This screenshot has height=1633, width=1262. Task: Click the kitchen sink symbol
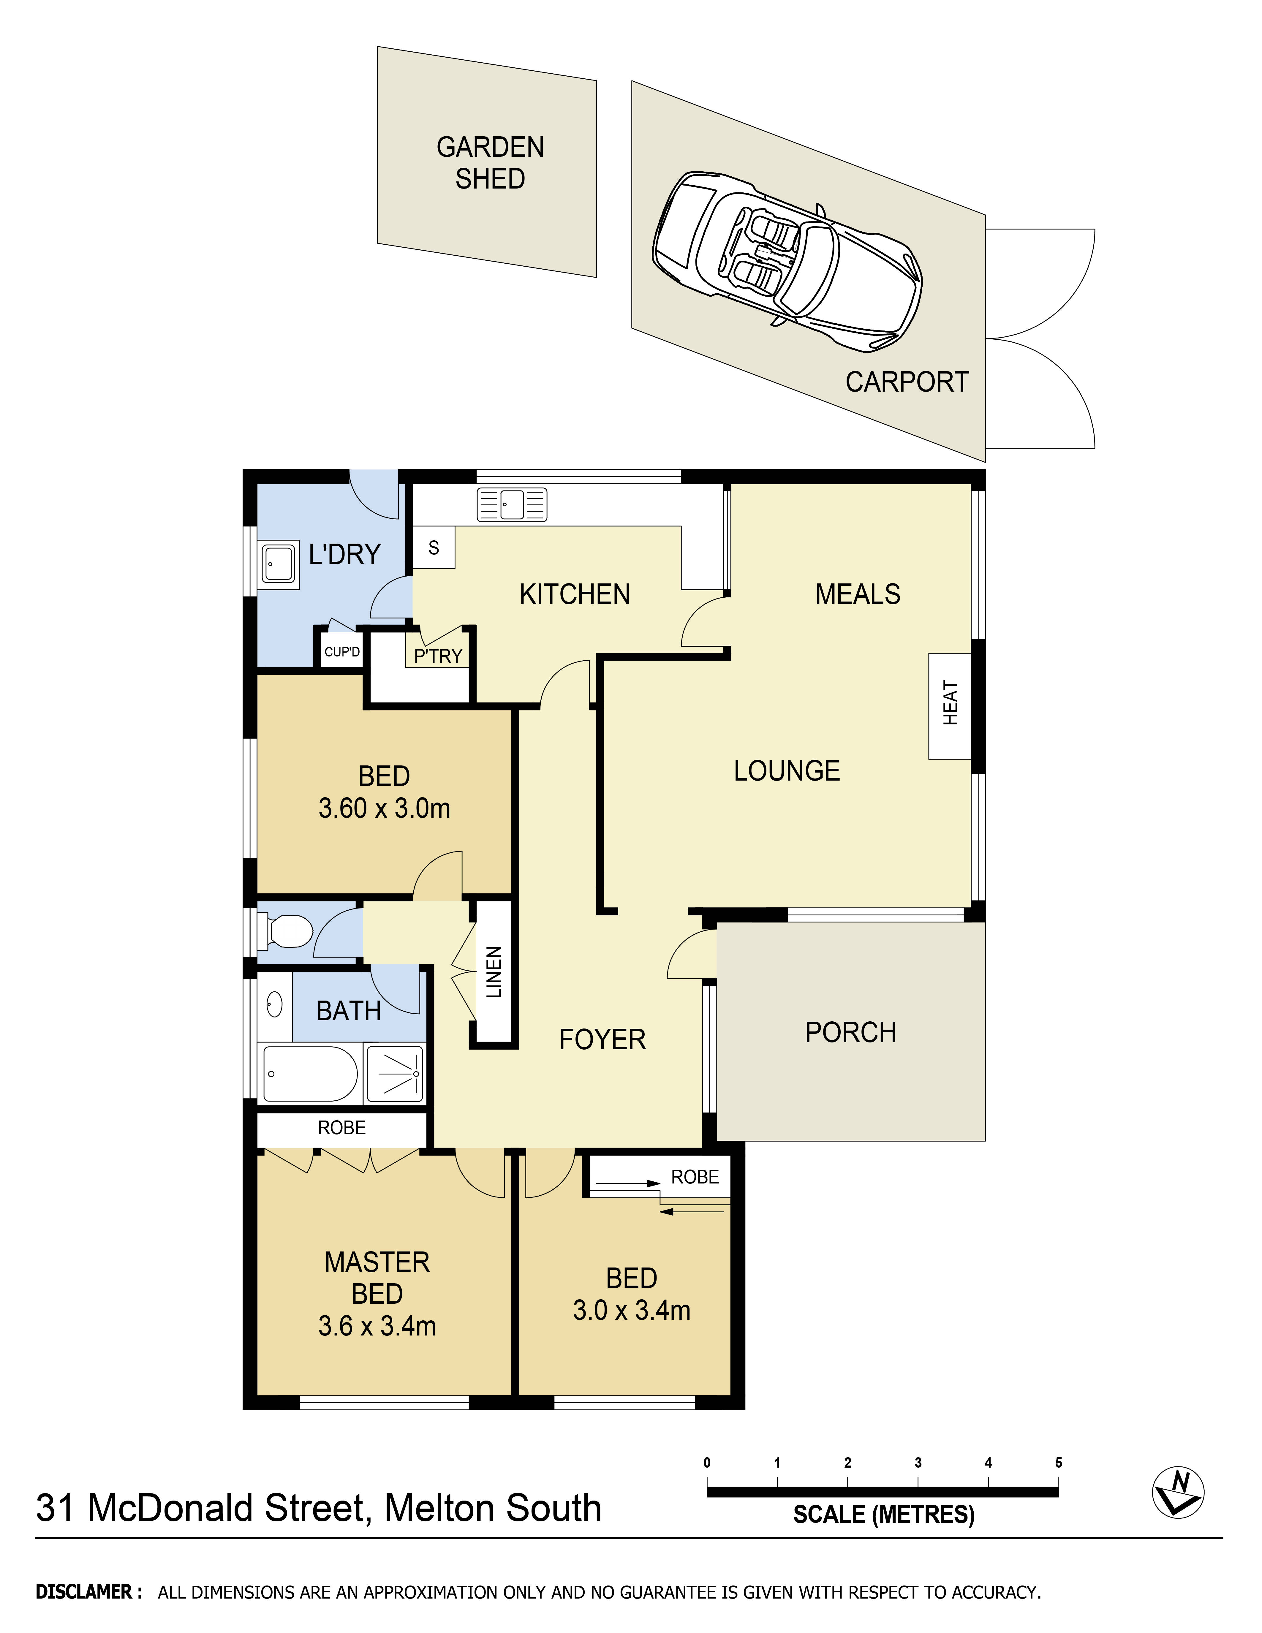[512, 505]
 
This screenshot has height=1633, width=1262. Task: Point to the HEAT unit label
[950, 703]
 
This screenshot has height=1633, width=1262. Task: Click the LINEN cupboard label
[494, 972]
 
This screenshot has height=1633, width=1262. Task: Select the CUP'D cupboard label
[342, 652]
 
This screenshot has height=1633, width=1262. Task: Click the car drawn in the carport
[787, 262]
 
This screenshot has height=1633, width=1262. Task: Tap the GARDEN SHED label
[491, 163]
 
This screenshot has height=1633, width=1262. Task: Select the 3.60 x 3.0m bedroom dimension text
[384, 808]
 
